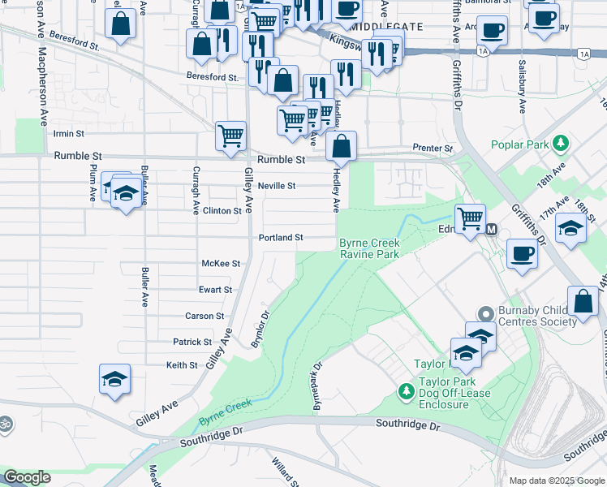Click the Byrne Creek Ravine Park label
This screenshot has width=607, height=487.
click(369, 248)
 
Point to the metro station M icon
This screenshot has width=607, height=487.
click(492, 230)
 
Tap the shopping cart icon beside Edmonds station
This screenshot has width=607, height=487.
click(470, 218)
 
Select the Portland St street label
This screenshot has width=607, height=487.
click(281, 238)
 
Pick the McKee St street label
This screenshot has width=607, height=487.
click(221, 264)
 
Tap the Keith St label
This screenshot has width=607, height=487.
click(182, 365)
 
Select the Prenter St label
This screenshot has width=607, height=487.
click(432, 149)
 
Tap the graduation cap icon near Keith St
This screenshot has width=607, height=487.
click(114, 378)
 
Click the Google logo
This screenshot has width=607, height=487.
click(27, 477)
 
